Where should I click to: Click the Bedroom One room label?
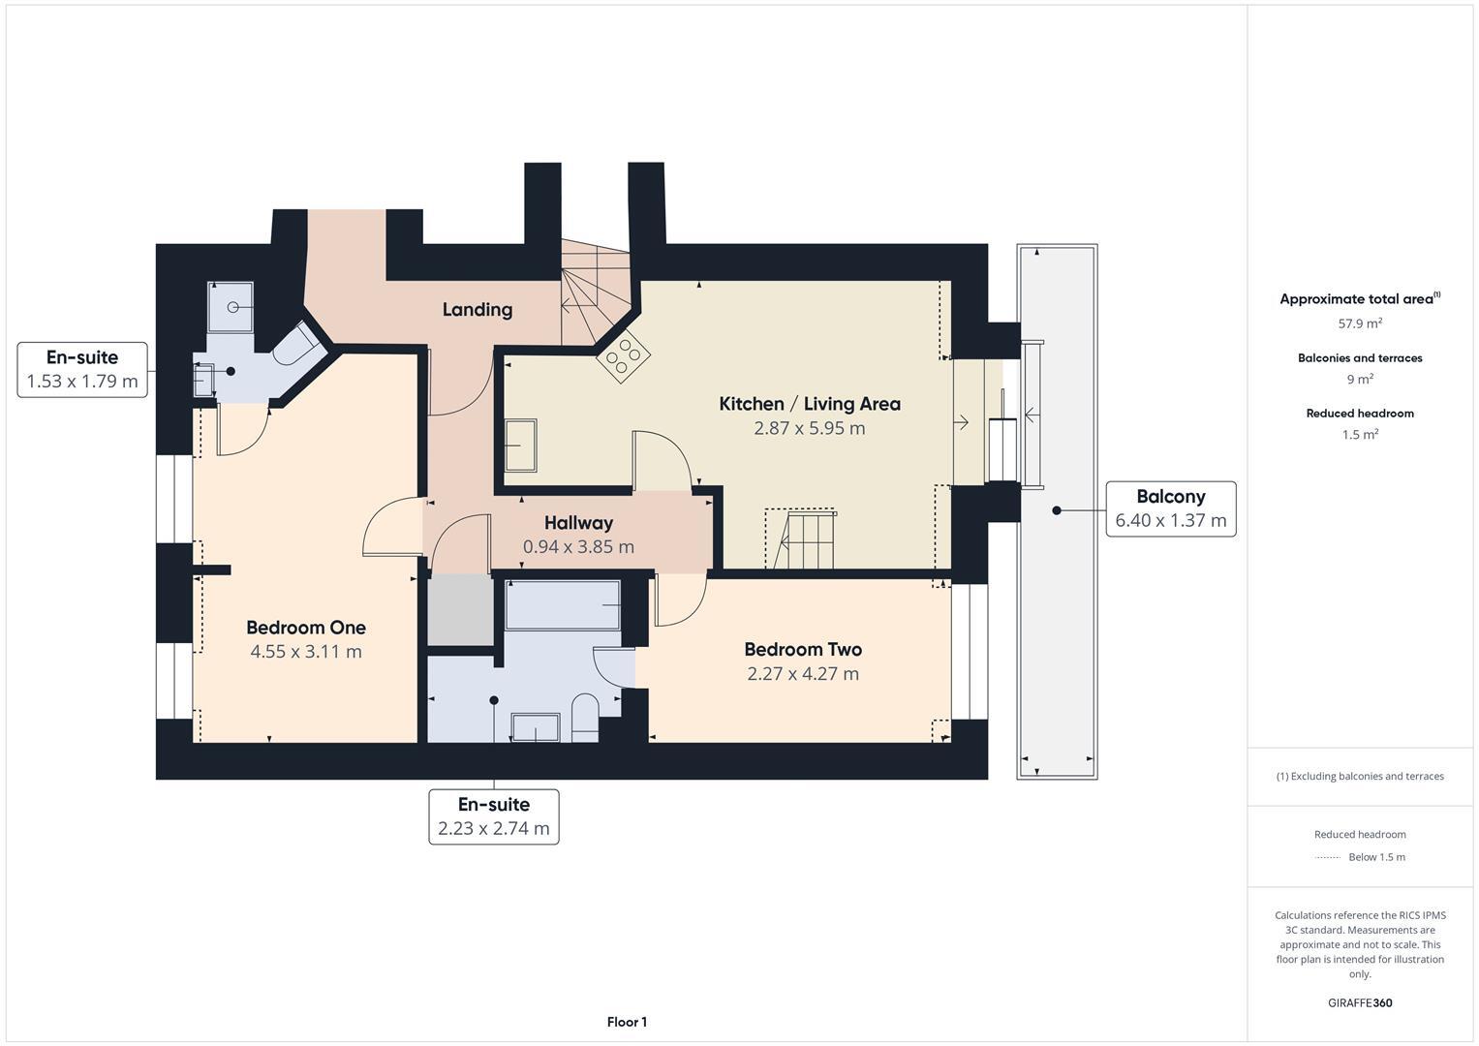306,628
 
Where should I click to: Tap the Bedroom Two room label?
802,649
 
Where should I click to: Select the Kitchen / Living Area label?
809,404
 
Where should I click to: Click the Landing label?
477,309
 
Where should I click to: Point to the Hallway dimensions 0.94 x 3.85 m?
578,546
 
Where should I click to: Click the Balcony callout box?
1170,508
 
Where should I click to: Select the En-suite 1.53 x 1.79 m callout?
82,369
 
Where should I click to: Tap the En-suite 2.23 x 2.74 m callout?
493,816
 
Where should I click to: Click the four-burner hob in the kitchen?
622,354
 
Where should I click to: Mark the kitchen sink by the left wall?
521,446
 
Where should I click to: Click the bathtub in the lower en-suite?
563,604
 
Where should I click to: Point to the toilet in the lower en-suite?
585,717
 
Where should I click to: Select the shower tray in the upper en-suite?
231,307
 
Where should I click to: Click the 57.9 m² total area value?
1359,323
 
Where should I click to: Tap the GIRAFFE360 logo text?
1359,1002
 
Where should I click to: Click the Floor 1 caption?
627,1022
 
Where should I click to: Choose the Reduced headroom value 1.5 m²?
1359,435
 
